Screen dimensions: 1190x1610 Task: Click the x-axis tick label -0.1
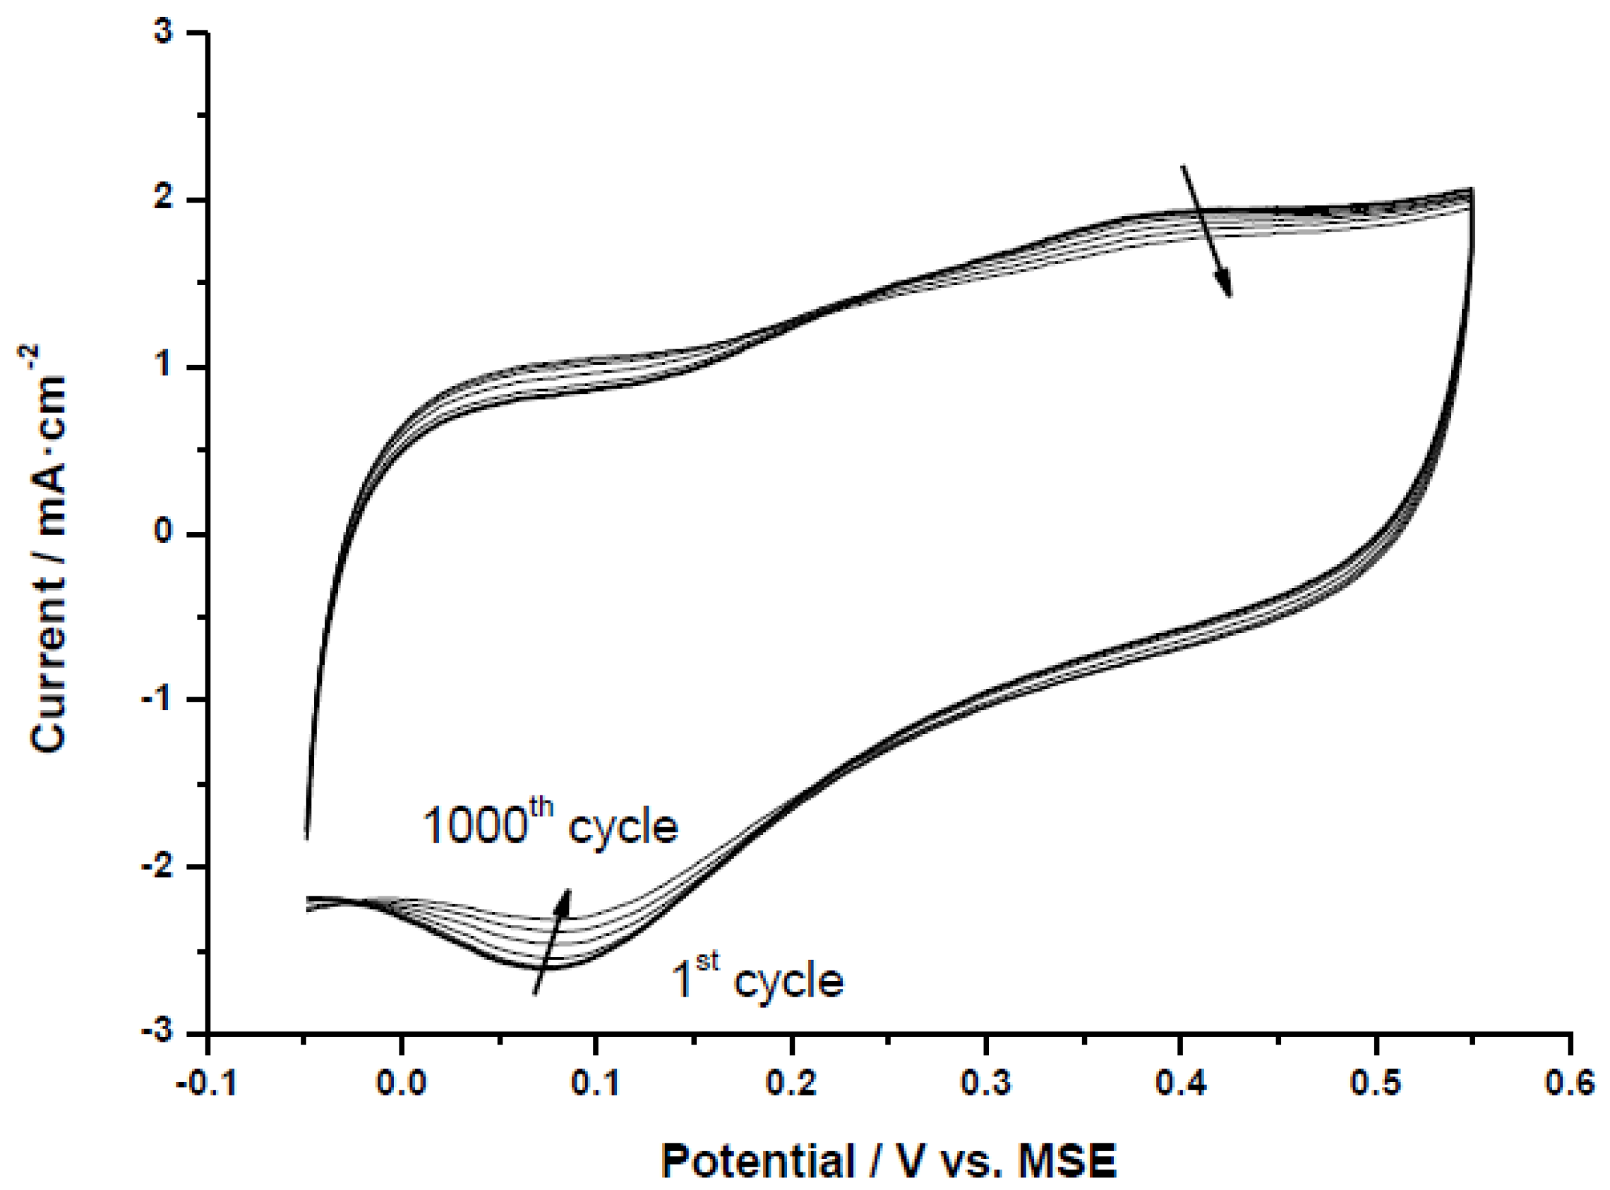pyautogui.click(x=206, y=1083)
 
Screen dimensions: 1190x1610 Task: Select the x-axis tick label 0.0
pyautogui.click(x=401, y=1083)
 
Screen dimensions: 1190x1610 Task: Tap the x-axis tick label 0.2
pyautogui.click(x=791, y=1083)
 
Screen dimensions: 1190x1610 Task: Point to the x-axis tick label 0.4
pyautogui.click(x=1181, y=1083)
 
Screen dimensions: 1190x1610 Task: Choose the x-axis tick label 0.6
pyautogui.click(x=1570, y=1083)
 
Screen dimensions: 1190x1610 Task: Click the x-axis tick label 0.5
pyautogui.click(x=1376, y=1083)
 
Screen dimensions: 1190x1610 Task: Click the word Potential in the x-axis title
pyautogui.click(x=757, y=1162)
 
